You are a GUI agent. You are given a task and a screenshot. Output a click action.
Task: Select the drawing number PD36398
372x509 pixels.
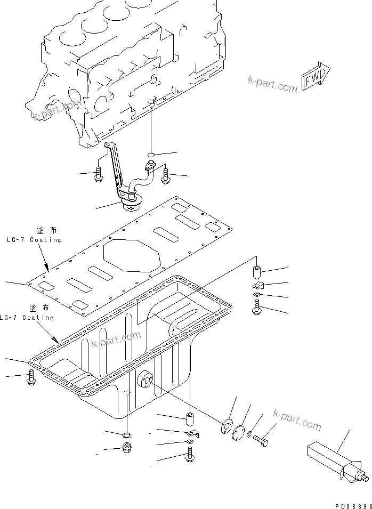coord(349,504)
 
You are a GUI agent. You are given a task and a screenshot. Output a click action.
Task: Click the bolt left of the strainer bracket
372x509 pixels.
coord(98,175)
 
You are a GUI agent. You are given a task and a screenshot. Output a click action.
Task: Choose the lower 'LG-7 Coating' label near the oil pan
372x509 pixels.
coord(28,318)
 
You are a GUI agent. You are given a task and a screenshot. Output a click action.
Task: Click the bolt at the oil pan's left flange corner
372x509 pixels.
coord(30,378)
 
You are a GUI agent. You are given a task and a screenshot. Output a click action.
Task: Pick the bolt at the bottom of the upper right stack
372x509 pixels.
coord(256,308)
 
